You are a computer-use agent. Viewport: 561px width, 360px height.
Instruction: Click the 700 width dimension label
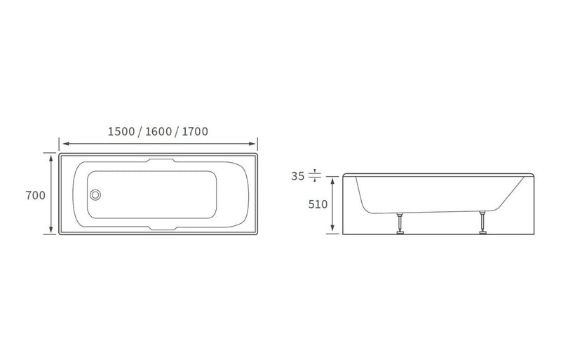coord(35,196)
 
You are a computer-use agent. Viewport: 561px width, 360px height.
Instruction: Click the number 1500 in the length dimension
coord(121,131)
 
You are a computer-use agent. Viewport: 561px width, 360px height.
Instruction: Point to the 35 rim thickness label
coord(298,176)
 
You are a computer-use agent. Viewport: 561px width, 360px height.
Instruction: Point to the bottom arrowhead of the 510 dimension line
coord(332,230)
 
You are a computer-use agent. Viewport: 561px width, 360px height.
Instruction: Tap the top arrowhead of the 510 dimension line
coord(332,182)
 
